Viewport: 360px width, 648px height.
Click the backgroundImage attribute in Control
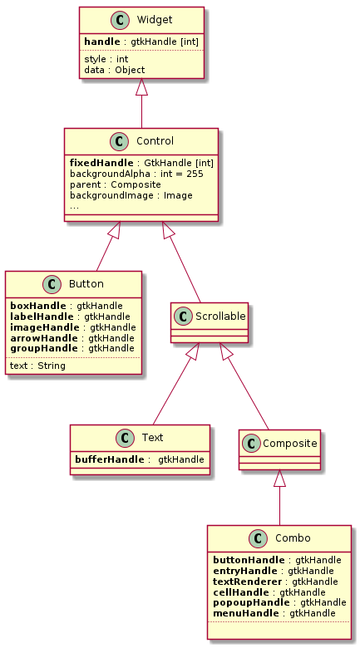[131, 195]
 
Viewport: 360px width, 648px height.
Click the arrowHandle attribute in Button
[72, 338]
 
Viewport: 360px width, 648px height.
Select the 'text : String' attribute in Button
[37, 366]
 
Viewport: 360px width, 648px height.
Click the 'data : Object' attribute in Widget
[114, 70]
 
